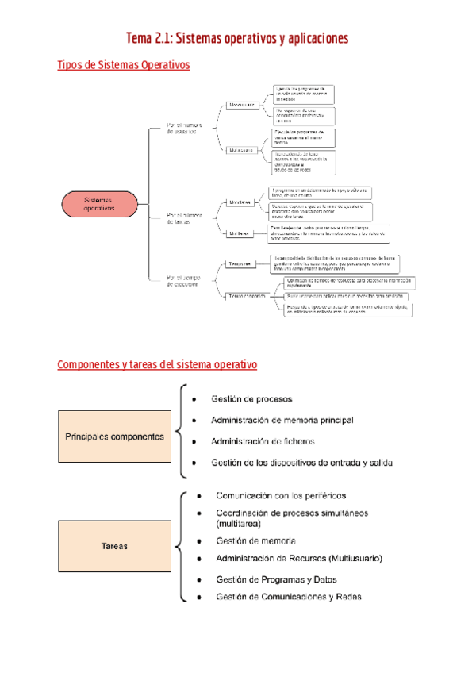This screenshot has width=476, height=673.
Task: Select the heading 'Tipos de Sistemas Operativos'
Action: tap(124, 66)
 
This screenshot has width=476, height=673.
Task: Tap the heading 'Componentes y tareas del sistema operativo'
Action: tap(157, 364)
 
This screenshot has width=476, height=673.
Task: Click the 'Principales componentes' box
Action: tap(114, 436)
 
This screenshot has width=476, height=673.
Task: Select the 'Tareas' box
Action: tap(114, 546)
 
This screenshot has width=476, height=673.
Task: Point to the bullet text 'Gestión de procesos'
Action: tap(251, 398)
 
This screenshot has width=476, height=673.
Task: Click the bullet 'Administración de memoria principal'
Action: tap(282, 420)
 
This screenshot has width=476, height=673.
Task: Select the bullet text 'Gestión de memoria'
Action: tap(256, 540)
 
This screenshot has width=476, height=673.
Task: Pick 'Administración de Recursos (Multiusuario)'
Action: tap(298, 558)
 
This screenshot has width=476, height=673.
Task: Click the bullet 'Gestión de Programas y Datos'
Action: tap(276, 579)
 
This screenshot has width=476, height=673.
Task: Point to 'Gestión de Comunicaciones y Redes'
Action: tap(289, 598)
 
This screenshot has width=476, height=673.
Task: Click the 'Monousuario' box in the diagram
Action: tap(240, 105)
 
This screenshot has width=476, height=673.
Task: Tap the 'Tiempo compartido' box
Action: tap(246, 296)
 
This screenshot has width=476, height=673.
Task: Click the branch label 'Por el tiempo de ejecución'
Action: tap(183, 283)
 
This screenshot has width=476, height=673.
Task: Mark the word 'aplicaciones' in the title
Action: tap(309, 39)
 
